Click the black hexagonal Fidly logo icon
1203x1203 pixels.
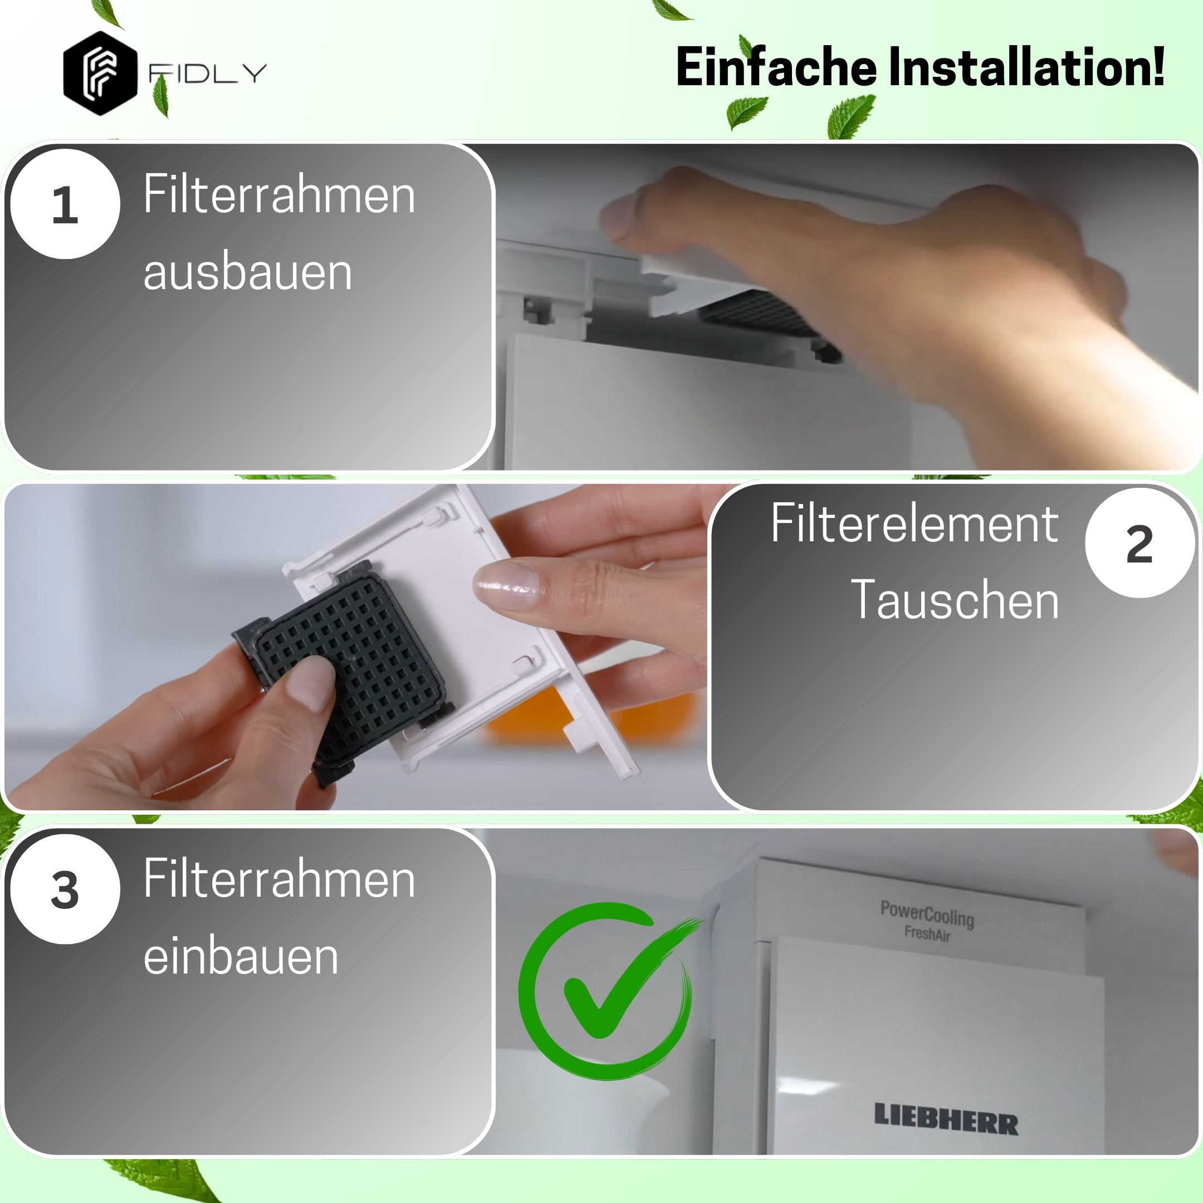[x=100, y=74]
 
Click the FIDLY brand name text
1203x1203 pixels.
[x=207, y=74]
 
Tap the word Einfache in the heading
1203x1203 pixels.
[x=776, y=67]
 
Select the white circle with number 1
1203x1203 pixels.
[x=65, y=204]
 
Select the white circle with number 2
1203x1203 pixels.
[x=1139, y=544]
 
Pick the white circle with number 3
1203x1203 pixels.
[x=65, y=889]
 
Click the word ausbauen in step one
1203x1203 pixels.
[x=247, y=272]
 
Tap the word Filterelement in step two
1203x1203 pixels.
[x=914, y=523]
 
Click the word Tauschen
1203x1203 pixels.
[x=954, y=600]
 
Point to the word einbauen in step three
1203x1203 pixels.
[x=241, y=956]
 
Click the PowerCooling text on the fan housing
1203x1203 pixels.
[x=927, y=913]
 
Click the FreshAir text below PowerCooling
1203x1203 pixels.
[x=927, y=933]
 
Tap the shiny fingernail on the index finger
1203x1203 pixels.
[x=506, y=585]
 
